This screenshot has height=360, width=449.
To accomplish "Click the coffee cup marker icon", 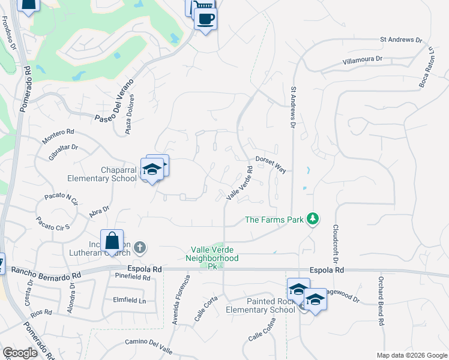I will click(x=205, y=18).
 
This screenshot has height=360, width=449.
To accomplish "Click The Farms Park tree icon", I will click(x=312, y=219).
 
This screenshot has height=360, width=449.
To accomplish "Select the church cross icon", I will click(x=140, y=247).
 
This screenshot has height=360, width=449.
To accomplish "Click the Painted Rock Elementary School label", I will click(x=260, y=305).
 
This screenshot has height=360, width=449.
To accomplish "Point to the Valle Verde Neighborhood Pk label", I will click(x=215, y=254).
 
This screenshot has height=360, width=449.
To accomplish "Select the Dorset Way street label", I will click(x=271, y=164).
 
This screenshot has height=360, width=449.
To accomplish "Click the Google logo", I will click(x=20, y=353).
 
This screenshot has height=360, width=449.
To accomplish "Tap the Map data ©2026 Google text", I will click(x=411, y=355).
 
